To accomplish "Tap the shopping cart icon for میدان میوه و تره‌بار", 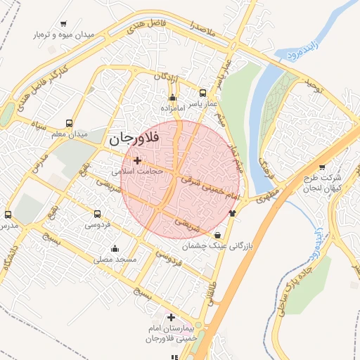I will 64,24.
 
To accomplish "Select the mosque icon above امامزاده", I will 173,98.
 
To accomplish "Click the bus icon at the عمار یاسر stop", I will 203,93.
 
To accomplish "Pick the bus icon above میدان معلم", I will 68,122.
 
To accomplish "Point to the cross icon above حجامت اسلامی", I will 137,161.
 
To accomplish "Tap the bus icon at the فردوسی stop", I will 96,214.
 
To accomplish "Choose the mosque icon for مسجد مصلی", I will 115,248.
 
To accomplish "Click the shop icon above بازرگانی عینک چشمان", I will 217,235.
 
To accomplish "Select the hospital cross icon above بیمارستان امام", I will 172,317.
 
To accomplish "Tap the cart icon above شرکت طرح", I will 322,167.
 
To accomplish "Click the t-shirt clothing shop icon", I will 233,212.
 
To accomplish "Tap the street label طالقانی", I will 210,299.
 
